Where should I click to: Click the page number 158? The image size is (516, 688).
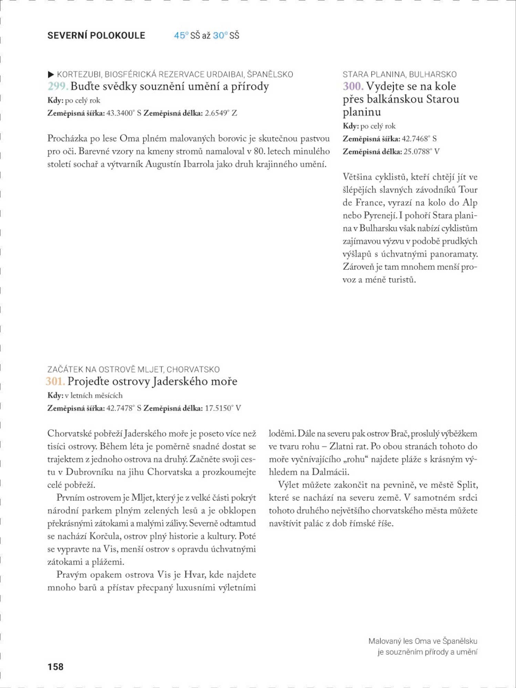[x=55, y=667]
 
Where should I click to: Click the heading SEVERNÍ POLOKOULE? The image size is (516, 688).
[x=96, y=35]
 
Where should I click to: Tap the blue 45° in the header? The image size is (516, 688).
[x=181, y=35]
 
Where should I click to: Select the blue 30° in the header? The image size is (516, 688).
[x=220, y=35]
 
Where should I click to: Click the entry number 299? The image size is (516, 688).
[x=58, y=86]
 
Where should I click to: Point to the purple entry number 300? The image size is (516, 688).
[x=353, y=86]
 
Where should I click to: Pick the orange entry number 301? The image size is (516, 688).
[x=55, y=381]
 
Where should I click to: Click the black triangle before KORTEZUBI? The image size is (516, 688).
[x=51, y=74]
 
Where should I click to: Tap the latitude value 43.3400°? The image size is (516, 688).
[x=120, y=113]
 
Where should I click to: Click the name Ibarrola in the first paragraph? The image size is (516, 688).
[x=198, y=164]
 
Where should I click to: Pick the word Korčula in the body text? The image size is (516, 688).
[x=104, y=536]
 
